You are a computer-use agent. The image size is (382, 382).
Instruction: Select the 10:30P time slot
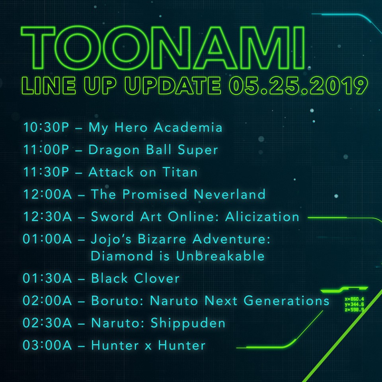(x=46, y=127)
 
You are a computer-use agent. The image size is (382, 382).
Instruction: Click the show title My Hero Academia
(x=156, y=128)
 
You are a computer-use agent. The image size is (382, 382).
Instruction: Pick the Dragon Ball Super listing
(x=153, y=150)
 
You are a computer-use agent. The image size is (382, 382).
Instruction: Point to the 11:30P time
(x=46, y=172)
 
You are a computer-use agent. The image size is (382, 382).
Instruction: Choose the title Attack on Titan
(x=143, y=172)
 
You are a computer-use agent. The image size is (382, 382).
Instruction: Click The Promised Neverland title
(x=178, y=194)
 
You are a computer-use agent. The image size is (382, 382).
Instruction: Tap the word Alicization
(x=262, y=216)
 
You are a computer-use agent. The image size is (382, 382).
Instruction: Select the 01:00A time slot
(x=47, y=239)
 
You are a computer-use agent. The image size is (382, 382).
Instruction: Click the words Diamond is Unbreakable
(x=177, y=256)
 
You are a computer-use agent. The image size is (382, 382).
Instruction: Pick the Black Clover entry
(x=135, y=278)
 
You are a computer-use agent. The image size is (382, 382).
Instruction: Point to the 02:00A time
(x=47, y=301)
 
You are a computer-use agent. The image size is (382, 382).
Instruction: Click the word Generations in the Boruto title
(x=286, y=301)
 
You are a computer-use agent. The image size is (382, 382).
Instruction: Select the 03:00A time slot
(x=47, y=345)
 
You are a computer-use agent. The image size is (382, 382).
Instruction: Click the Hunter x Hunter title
(x=148, y=345)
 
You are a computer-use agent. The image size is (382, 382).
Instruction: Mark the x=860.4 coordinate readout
(x=355, y=299)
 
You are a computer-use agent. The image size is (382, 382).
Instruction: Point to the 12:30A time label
(x=47, y=216)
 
